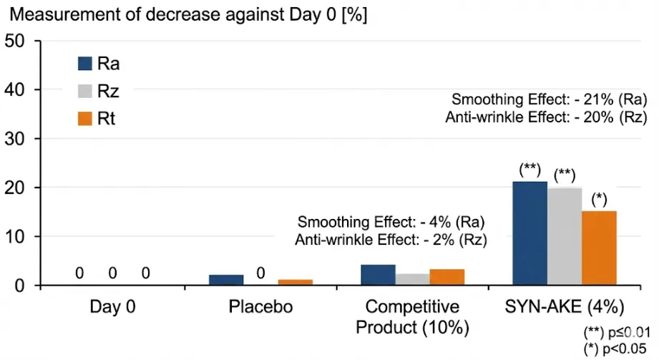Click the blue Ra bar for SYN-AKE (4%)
(530, 233)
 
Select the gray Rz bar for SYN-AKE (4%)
(565, 236)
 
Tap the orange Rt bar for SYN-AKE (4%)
(599, 248)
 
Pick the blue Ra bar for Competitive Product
(379, 275)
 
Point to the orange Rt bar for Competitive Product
(447, 277)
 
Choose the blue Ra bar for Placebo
(226, 280)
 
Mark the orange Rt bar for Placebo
(296, 282)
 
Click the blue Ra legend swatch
(85, 64)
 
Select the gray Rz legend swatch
(85, 91)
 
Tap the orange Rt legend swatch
(85, 119)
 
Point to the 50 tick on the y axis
(15, 41)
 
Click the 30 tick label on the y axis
(15, 139)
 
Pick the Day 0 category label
(112, 306)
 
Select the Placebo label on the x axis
(260, 306)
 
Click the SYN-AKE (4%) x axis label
(565, 307)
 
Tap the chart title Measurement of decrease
(188, 14)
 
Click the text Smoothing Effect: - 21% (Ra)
(550, 99)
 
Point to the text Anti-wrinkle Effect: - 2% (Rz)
(391, 240)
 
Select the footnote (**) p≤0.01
(617, 332)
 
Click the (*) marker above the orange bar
(599, 200)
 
